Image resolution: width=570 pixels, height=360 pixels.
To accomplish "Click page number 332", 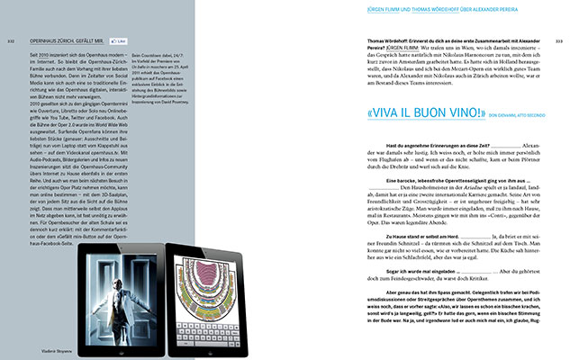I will tap(10, 41).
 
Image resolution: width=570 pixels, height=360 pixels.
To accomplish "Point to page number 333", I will tap(559, 41).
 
